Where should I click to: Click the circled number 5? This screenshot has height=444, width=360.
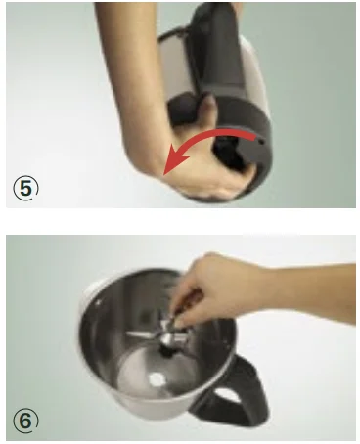point(25,189)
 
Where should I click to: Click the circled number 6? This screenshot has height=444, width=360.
point(25,421)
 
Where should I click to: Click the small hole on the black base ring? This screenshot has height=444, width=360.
point(261,142)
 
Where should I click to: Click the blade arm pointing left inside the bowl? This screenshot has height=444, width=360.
point(143,333)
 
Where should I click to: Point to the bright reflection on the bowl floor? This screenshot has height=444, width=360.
point(157,379)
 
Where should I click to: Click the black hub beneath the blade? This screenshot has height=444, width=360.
point(168,351)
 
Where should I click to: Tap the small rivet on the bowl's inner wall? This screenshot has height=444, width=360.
point(99,302)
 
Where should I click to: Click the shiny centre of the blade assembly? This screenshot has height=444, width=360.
point(168,338)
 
